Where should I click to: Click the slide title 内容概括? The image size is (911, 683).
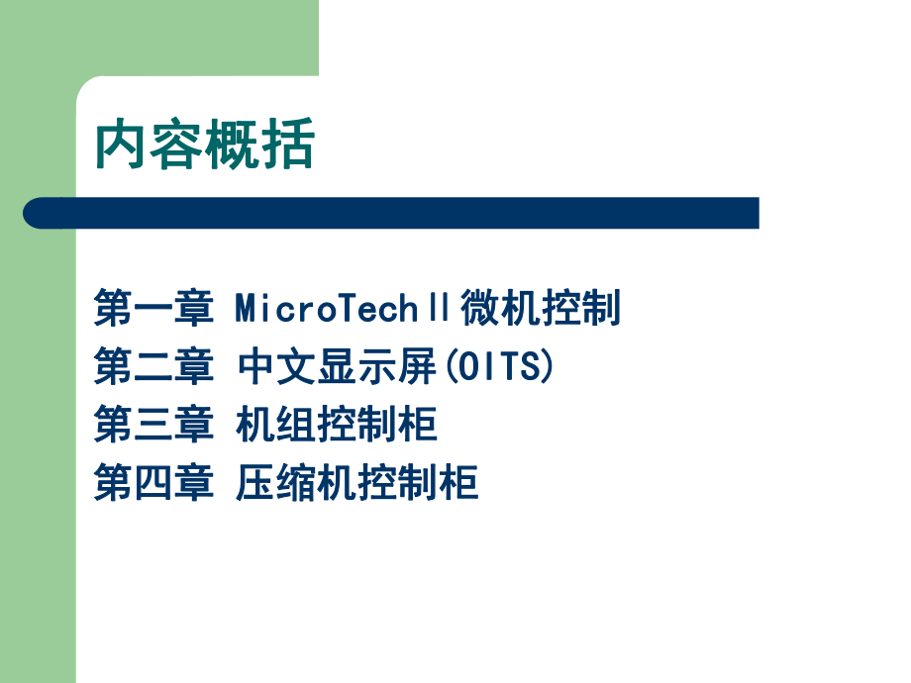204,145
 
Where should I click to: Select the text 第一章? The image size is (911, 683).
153,309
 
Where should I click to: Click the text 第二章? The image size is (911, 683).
153,367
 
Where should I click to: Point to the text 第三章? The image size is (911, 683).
153,426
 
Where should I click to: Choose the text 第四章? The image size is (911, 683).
153,484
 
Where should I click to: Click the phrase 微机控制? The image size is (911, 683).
540,309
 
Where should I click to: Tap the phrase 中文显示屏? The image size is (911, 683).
337,367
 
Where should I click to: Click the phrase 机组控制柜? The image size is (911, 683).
337,426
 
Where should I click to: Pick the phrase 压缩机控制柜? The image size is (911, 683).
357,484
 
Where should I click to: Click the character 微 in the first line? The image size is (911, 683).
479,309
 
